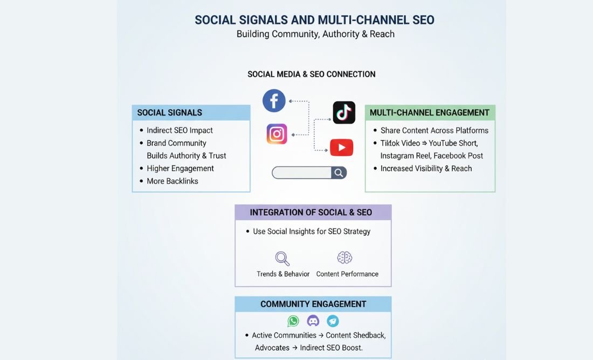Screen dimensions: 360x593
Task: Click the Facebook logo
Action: coord(274,101)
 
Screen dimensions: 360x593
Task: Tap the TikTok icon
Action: coord(344,113)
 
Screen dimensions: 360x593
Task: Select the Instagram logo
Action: coord(277,134)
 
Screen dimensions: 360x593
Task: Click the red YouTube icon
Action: coord(342,147)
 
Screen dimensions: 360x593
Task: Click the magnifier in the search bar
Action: coord(339,172)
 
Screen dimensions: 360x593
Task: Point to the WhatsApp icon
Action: coord(293,321)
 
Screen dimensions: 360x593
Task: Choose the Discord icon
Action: coord(313,321)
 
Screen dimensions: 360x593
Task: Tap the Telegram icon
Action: coord(333,321)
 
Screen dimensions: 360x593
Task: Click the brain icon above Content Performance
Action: coord(344,258)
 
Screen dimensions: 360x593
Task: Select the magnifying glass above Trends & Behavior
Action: coord(282,259)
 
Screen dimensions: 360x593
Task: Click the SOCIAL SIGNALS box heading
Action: coord(170,113)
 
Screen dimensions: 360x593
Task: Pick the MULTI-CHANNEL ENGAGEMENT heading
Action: coord(430,113)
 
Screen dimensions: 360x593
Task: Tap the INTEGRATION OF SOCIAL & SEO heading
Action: coord(311,212)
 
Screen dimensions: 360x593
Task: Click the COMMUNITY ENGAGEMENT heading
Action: coord(313,304)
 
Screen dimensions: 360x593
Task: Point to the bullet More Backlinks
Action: coord(173,181)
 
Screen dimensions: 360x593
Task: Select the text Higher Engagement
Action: coord(180,168)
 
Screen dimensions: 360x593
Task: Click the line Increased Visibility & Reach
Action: coord(426,168)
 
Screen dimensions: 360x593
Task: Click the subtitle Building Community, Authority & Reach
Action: coord(315,34)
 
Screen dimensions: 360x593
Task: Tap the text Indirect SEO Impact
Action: coord(180,130)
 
